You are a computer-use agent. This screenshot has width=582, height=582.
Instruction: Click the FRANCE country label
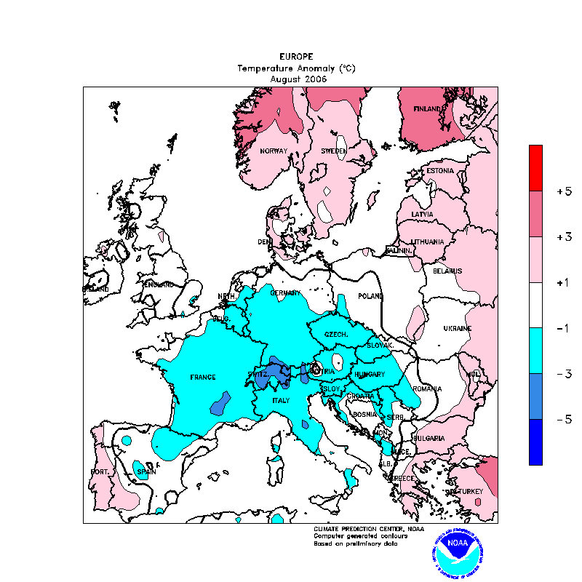tap(203, 377)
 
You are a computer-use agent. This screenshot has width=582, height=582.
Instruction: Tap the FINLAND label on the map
tap(427, 109)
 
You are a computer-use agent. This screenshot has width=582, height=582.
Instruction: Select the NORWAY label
tap(274, 151)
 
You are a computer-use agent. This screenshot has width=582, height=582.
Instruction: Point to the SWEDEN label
tap(334, 151)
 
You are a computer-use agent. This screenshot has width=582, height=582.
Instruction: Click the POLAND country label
tap(370, 296)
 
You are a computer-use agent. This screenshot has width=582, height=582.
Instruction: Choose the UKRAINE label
tap(457, 328)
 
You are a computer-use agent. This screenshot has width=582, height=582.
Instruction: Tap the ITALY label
tap(281, 401)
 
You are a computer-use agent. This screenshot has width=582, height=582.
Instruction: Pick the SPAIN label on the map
tap(147, 472)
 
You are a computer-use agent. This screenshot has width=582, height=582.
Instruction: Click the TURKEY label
tap(466, 492)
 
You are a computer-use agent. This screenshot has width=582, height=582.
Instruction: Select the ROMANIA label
tap(427, 389)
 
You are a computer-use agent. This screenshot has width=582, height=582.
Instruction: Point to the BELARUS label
tap(447, 271)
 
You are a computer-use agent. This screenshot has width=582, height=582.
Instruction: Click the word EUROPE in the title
tap(296, 56)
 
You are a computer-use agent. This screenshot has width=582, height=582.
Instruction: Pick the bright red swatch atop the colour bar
tap(535, 167)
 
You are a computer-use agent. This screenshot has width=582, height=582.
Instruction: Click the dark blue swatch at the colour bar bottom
tap(535, 442)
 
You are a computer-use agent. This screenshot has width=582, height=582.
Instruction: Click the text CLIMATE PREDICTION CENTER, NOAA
tap(359, 528)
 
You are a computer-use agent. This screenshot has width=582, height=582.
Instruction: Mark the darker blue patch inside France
tap(220, 402)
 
